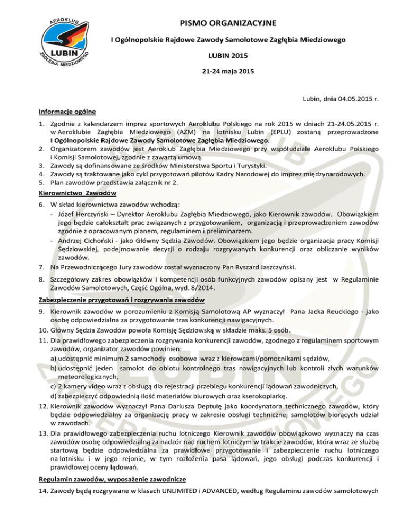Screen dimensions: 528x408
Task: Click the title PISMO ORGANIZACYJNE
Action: tap(228, 23)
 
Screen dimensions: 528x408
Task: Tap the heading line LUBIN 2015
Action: tap(228, 55)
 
